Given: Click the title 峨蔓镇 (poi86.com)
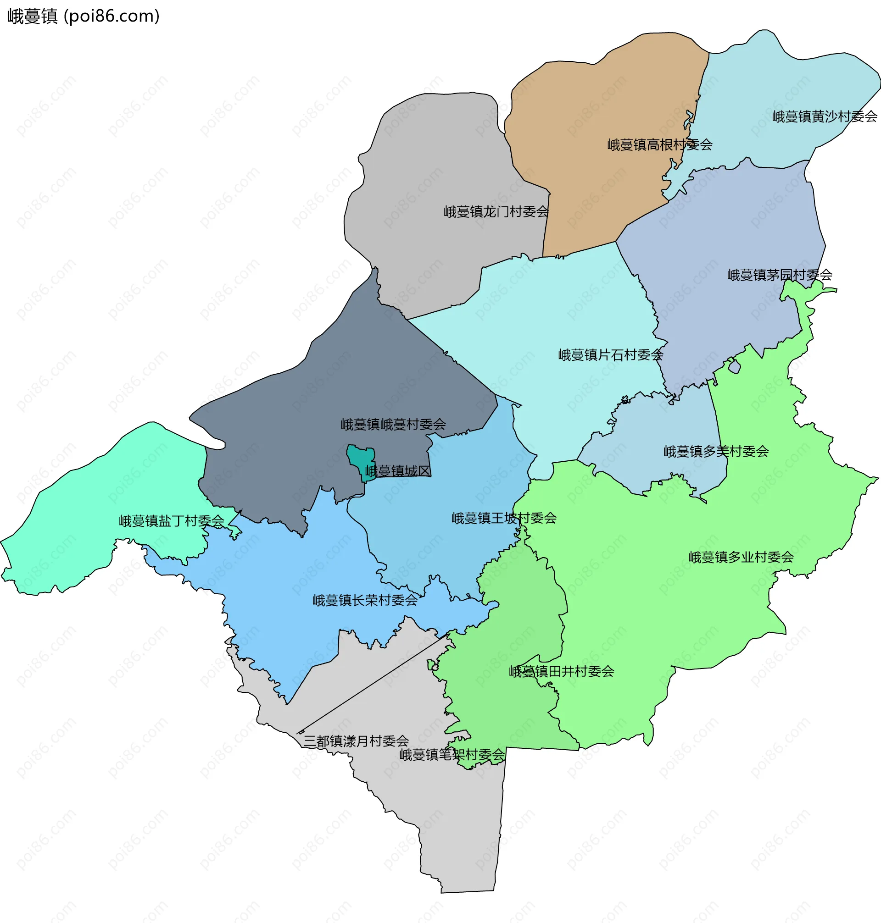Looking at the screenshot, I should click(x=83, y=17).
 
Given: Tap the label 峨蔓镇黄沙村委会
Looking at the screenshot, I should click(x=824, y=116).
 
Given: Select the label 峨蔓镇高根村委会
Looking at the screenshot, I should click(x=659, y=144).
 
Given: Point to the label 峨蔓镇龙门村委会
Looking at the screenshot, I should click(x=496, y=212).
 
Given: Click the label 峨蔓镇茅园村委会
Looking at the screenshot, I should click(x=780, y=275).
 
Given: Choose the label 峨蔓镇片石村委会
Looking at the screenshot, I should click(x=610, y=355).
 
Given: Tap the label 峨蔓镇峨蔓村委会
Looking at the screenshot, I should click(x=393, y=424).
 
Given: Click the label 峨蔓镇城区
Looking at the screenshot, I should click(x=398, y=470).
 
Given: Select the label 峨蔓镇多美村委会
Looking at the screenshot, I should click(x=716, y=451).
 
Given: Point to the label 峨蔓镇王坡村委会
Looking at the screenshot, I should click(x=504, y=518).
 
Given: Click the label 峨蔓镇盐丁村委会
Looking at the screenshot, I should click(x=172, y=521).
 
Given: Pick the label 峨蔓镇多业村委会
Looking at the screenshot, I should click(x=741, y=557).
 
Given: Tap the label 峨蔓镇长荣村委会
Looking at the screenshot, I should click(x=365, y=600).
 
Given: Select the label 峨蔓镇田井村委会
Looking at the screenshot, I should click(x=561, y=671).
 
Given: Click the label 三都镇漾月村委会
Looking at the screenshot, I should click(x=356, y=741).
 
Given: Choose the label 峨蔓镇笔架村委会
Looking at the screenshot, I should click(x=452, y=755).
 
